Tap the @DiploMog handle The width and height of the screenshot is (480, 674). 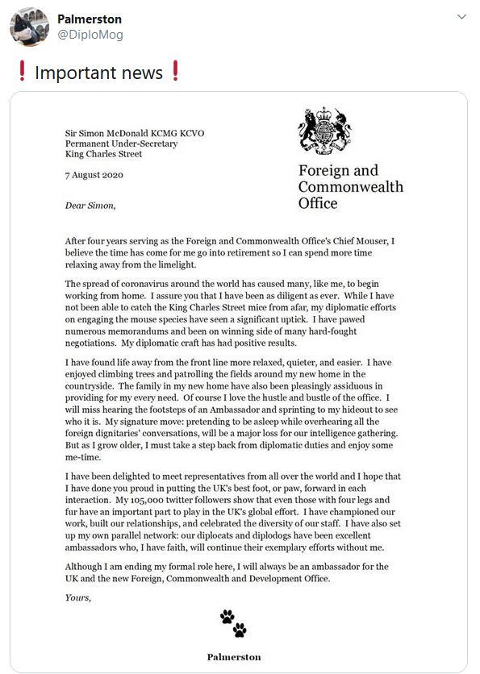[x=90, y=35]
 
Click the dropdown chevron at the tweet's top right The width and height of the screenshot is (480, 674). [x=461, y=17]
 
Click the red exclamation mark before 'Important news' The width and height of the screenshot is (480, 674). [x=22, y=73]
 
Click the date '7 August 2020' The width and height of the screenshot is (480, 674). [x=94, y=175]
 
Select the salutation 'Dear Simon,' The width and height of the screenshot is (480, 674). [x=90, y=205]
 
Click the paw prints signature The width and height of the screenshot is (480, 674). [x=233, y=622]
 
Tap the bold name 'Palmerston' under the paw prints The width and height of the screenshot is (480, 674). [x=233, y=656]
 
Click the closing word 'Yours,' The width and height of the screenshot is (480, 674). [x=78, y=597]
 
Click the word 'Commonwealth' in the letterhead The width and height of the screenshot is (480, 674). [x=350, y=187]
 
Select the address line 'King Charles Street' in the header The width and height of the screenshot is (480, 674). [x=103, y=154]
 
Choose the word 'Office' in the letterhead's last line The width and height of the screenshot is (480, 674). [x=318, y=203]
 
